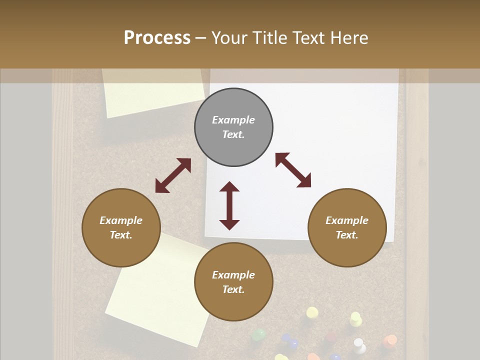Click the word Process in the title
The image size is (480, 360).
tap(157, 38)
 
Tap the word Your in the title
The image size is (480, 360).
tap(227, 38)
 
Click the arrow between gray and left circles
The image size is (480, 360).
tap(173, 175)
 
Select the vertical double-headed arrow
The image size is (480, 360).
tap(229, 205)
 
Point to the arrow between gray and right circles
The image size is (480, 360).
tap(293, 170)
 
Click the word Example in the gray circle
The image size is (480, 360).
tap(233, 120)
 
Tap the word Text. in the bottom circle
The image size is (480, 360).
tap(233, 289)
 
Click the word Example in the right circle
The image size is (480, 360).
tap(347, 220)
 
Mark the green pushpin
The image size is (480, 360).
tap(258, 334)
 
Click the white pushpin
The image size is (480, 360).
tap(359, 343)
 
